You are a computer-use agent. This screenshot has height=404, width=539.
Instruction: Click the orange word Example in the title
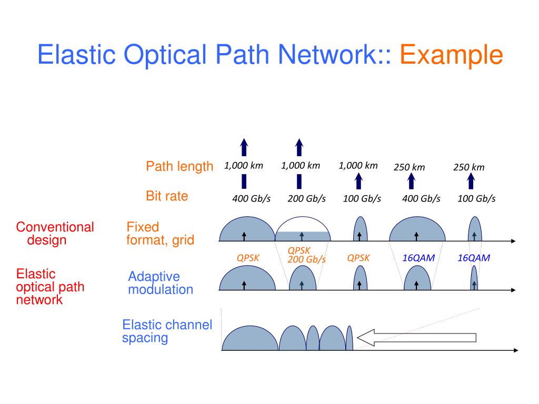(451, 55)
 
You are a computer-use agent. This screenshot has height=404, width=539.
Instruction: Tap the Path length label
(179, 166)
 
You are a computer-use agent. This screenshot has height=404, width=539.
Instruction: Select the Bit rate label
(167, 196)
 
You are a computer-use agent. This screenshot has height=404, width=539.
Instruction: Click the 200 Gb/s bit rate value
(307, 198)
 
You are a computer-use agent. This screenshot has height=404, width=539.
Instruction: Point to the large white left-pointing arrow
(417, 338)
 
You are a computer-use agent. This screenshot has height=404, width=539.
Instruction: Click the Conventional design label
(55, 233)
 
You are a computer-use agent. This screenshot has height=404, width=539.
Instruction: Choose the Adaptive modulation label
(161, 282)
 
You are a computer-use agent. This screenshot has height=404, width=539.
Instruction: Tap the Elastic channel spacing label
(167, 331)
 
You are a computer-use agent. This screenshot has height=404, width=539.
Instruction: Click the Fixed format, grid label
(160, 233)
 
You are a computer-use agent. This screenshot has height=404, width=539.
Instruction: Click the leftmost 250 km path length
(410, 167)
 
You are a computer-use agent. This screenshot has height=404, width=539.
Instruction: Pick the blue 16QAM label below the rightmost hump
(474, 258)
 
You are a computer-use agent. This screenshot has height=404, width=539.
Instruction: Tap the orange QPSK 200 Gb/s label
(306, 255)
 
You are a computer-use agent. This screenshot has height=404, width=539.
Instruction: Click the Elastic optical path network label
(50, 287)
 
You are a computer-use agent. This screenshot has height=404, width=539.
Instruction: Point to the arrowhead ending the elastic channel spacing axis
(516, 350)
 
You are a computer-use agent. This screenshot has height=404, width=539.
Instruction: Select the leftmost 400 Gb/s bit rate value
(251, 198)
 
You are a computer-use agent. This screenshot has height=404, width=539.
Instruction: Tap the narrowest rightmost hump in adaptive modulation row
(474, 278)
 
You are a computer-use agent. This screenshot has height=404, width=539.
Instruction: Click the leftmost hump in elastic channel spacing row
(250, 338)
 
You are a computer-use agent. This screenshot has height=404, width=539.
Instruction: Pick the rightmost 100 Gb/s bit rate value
(476, 198)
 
